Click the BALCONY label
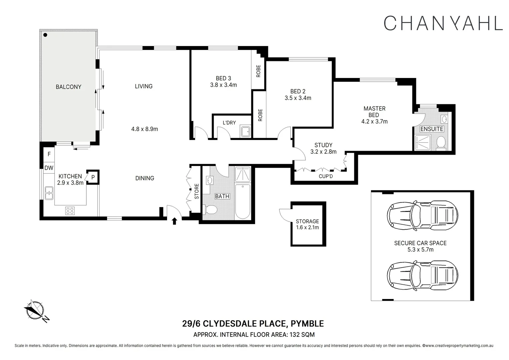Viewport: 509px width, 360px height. click(x=68, y=87)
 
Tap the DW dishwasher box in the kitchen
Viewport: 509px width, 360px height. click(x=49, y=168)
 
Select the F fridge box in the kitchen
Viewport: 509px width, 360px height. click(x=49, y=154)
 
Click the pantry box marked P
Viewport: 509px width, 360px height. click(x=93, y=177)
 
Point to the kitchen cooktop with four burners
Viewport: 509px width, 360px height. click(x=70, y=211)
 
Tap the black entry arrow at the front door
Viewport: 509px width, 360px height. click(x=174, y=221)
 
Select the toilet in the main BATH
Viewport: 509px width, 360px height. click(x=210, y=210)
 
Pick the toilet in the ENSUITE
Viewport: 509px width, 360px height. click(x=441, y=142)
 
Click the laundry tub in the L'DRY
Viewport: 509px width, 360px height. click(x=246, y=132)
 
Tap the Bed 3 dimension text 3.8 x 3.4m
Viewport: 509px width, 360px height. click(x=223, y=85)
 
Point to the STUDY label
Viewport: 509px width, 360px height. click(x=323, y=145)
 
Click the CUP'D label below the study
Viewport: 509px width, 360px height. click(x=326, y=176)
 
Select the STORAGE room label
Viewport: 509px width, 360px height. click(x=307, y=221)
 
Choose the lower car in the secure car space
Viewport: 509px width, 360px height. click(x=422, y=275)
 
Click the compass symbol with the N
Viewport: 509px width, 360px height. click(x=35, y=310)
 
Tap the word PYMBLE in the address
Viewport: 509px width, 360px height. click(x=307, y=324)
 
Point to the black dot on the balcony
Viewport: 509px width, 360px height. click(x=45, y=35)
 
